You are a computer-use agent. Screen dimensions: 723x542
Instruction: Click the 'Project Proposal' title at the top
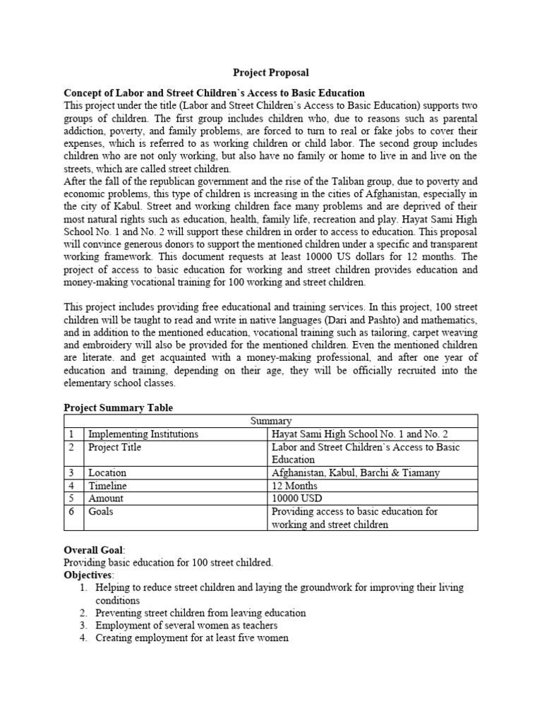click(x=271, y=73)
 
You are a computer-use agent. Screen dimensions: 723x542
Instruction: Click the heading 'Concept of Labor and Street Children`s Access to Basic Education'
click(x=214, y=92)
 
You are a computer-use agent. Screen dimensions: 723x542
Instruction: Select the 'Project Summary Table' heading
click(x=118, y=407)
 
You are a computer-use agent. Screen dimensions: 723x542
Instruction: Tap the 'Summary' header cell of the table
click(x=271, y=421)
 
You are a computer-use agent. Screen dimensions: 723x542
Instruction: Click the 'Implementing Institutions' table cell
click(x=143, y=434)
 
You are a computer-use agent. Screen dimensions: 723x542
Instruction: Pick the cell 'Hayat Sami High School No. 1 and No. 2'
click(x=359, y=434)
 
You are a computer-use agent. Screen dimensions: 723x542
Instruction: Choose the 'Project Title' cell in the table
click(x=114, y=447)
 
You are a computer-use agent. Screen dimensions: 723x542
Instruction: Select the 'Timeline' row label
click(x=107, y=486)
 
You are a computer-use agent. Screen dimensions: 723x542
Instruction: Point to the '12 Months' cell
click(x=294, y=486)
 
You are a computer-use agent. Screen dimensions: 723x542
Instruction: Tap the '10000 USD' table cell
click(x=296, y=498)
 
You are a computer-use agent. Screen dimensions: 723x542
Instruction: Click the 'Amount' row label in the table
click(x=106, y=498)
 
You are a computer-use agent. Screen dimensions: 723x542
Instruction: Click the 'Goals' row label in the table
click(x=101, y=511)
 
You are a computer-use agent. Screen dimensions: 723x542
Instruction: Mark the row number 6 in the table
click(x=71, y=511)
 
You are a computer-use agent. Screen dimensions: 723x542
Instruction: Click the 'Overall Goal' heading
click(x=93, y=549)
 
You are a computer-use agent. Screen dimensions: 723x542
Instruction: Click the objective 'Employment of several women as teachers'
click(x=186, y=626)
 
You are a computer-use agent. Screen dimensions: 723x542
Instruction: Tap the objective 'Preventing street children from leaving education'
click(x=200, y=613)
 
